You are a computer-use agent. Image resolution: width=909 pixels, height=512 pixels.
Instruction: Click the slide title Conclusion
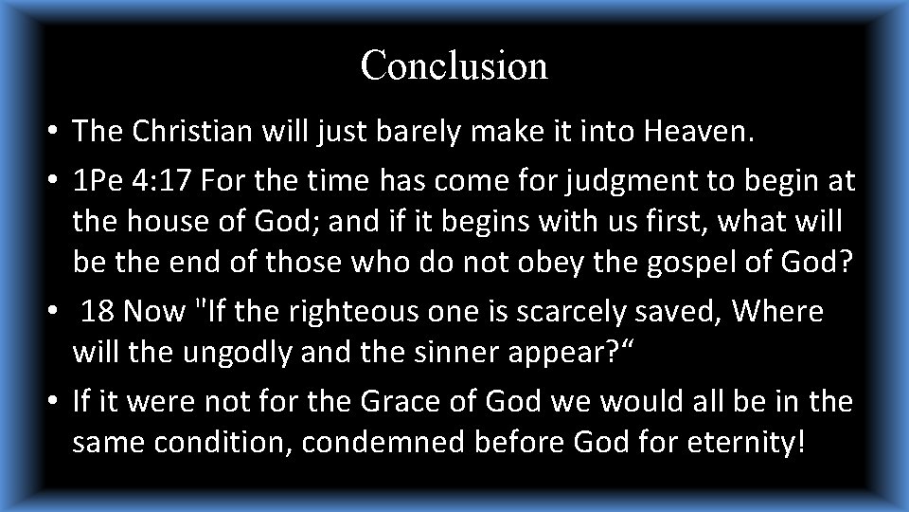tap(454, 66)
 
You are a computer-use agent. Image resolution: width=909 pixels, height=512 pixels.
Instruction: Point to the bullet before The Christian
tap(57, 134)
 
